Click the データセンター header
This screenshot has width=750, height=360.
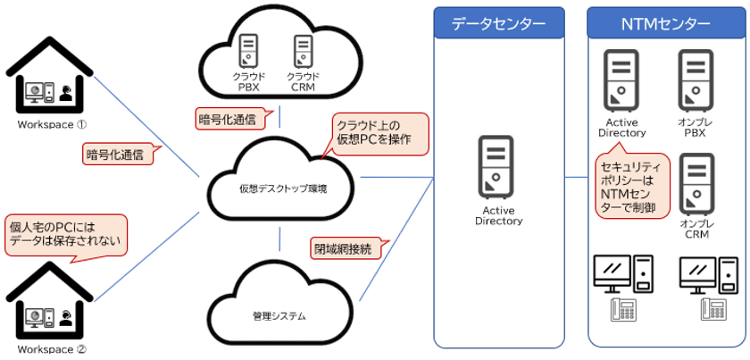click(498, 22)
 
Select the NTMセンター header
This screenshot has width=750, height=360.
click(666, 22)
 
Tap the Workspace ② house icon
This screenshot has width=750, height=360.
click(50, 305)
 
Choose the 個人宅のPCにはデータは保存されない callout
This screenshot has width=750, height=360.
click(64, 234)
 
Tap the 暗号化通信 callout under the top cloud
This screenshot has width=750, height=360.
click(227, 117)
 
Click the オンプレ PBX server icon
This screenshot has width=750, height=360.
click(695, 78)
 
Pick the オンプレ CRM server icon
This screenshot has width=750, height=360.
click(695, 181)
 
